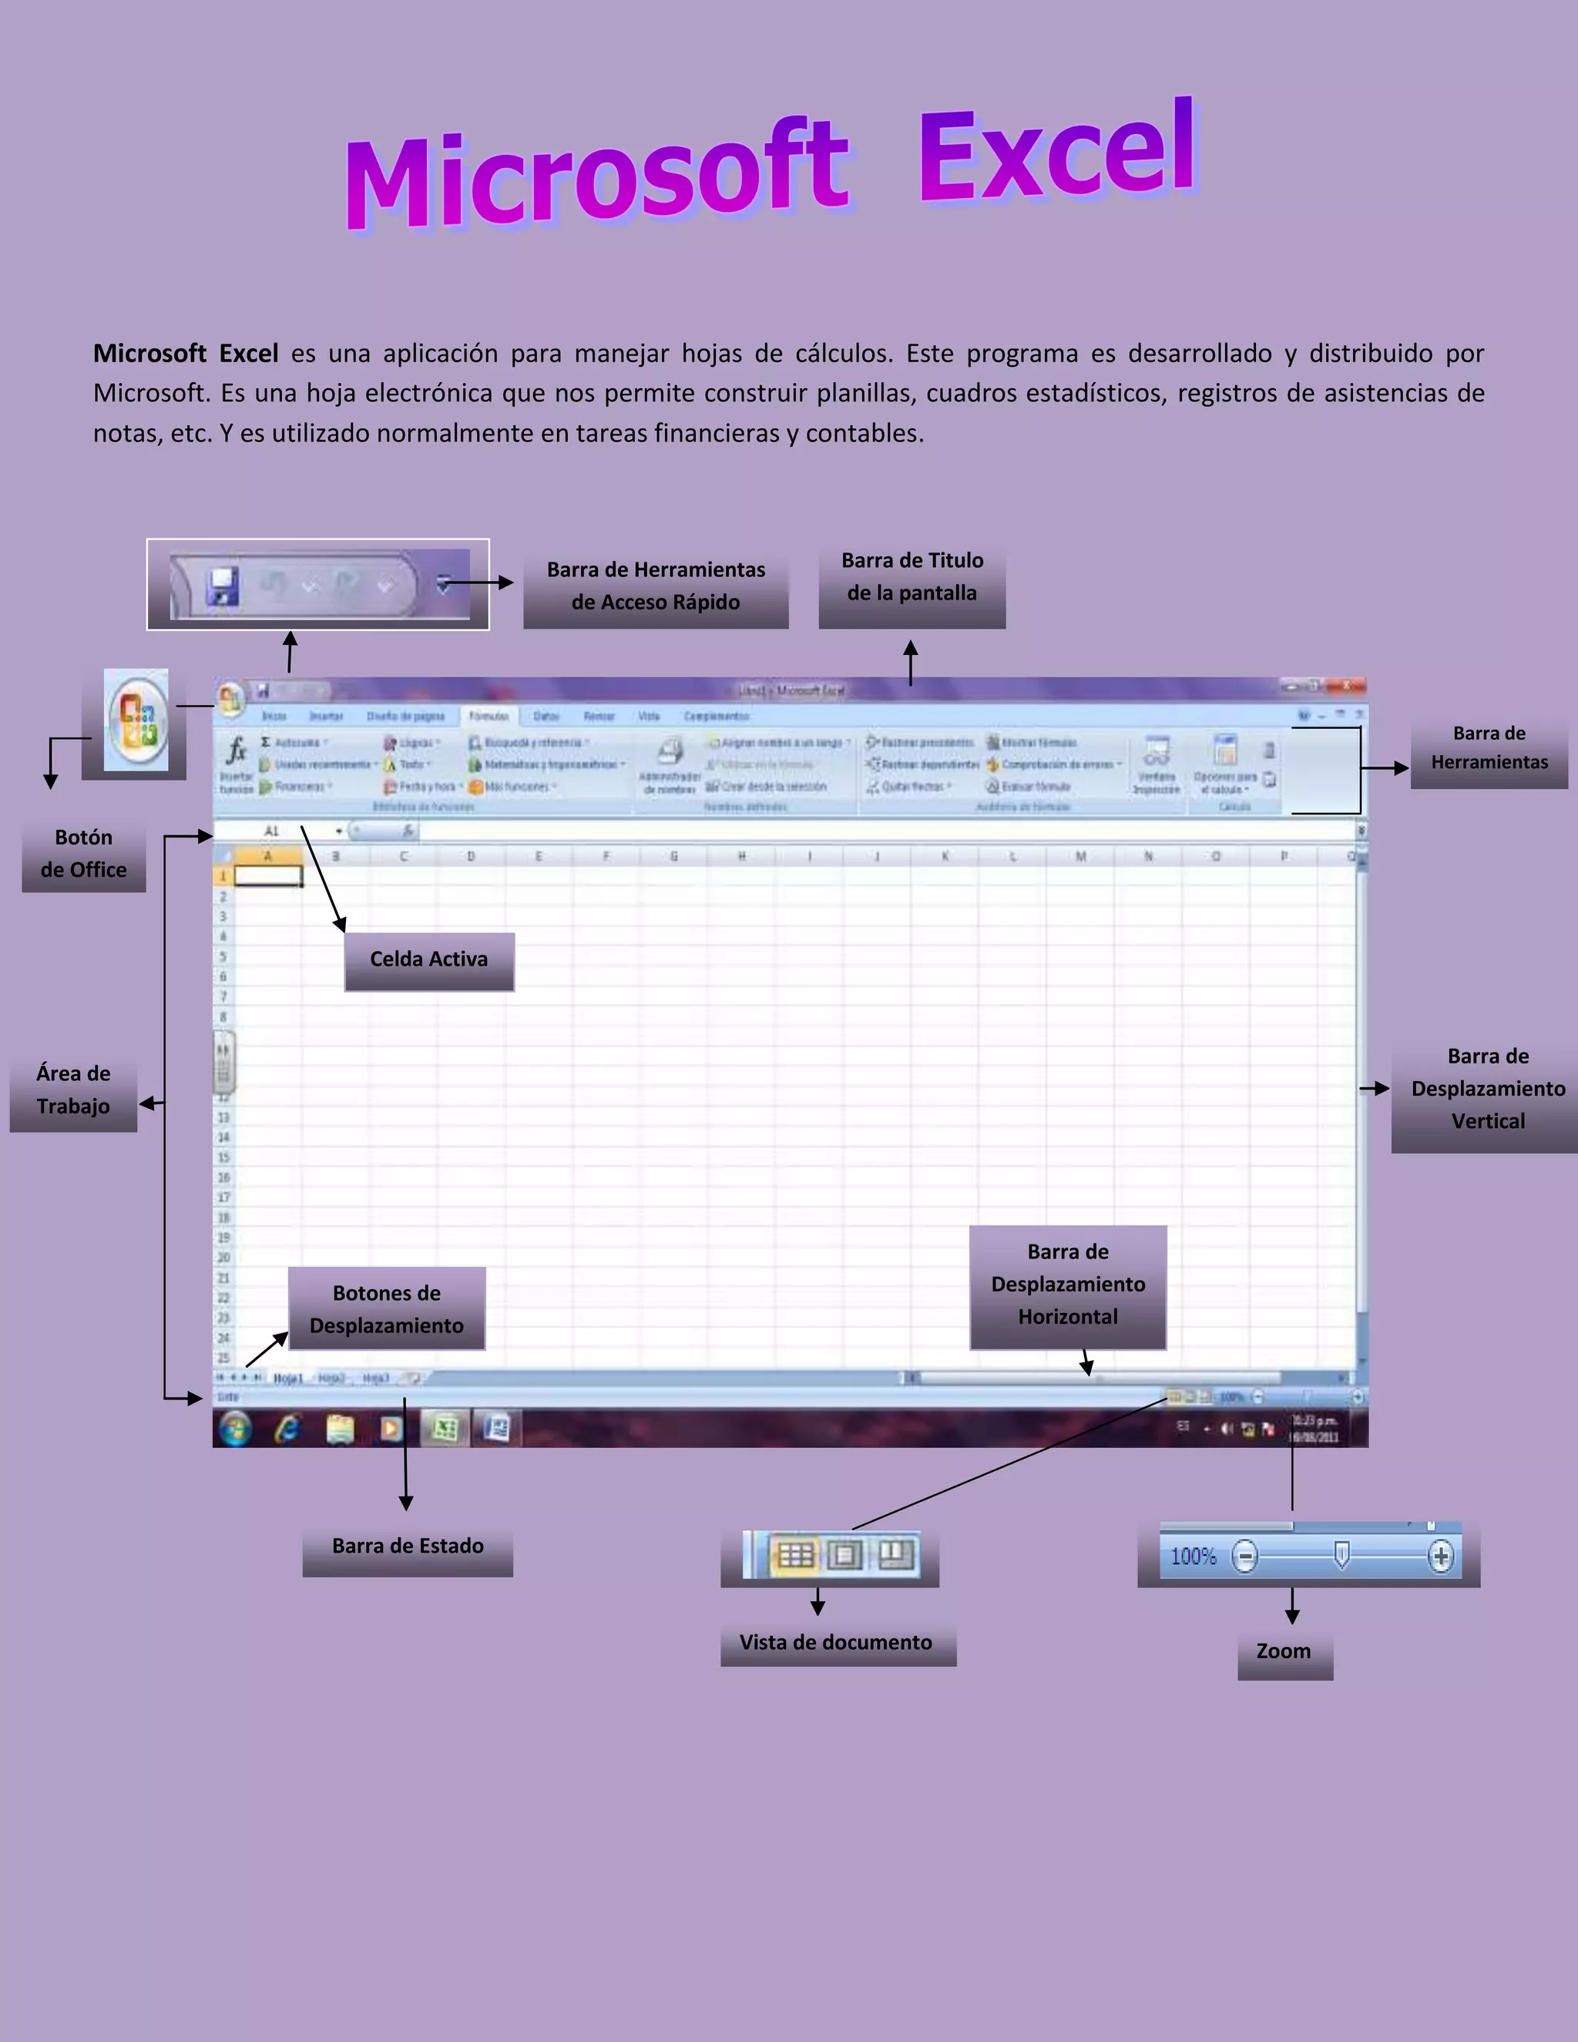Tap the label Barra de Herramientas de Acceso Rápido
(656, 586)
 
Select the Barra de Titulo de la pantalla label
(912, 577)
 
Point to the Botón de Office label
(83, 854)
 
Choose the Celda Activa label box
(429, 959)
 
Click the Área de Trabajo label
(73, 1090)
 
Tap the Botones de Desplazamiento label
(386, 1309)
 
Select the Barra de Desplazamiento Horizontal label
(1068, 1285)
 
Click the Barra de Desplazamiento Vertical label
(1487, 1090)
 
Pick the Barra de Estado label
(408, 1547)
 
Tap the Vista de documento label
(836, 1643)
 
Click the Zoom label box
(1284, 1652)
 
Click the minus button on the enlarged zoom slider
(1244, 1557)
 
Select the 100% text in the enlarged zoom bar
(1194, 1557)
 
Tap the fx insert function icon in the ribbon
(237, 750)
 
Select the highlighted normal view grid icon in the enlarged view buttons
(795, 1555)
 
